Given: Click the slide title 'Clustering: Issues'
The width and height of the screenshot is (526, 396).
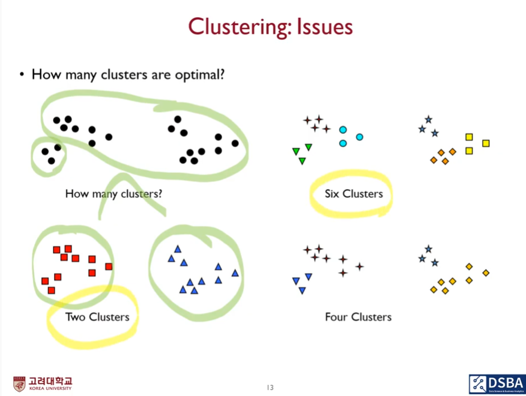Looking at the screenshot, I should (x=270, y=26).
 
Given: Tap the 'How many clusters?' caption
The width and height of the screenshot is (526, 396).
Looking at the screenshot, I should (x=114, y=194).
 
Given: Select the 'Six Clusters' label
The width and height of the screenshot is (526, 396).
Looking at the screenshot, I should (x=354, y=194).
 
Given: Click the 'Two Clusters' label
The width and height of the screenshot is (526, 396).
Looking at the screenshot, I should (x=97, y=317).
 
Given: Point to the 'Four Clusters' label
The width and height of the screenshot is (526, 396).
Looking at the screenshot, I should (x=358, y=317).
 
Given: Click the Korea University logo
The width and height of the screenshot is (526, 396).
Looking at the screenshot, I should (x=42, y=384).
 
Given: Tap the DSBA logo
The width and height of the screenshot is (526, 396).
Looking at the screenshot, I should (x=496, y=384).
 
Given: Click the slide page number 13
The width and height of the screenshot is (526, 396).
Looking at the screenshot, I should (x=270, y=388).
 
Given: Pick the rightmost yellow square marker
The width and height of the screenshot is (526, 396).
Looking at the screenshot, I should (x=486, y=143).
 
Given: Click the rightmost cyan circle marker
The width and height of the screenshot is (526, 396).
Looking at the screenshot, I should (x=360, y=137).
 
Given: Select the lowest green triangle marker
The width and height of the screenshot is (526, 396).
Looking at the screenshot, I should (x=302, y=161).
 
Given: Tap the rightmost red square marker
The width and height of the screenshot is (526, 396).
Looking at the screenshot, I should (x=109, y=266).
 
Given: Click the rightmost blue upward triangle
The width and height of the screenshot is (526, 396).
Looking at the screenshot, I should (x=235, y=273).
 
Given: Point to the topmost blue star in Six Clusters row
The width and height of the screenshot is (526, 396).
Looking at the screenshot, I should (x=428, y=119).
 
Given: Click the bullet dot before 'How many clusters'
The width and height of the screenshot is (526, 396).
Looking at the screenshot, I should (x=22, y=74).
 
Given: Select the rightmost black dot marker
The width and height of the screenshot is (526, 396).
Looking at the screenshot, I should (x=235, y=143).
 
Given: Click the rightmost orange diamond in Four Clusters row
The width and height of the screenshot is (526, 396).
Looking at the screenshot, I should (x=486, y=273).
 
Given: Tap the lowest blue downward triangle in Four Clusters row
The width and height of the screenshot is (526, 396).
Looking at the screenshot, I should (x=302, y=291).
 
